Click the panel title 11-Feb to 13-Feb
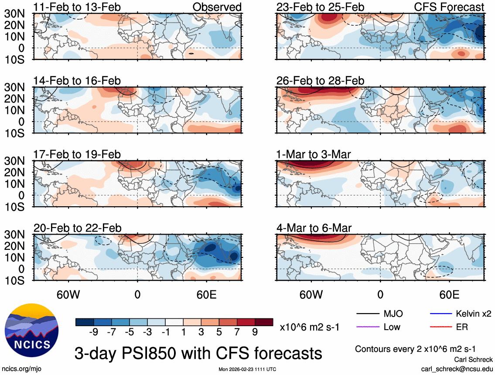tap(77, 7)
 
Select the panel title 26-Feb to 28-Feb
tap(321, 81)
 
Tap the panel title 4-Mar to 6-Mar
tap(314, 228)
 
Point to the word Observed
tap(217, 7)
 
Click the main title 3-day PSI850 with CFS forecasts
tap(198, 352)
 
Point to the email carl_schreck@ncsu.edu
tap(457, 368)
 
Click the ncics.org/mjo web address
tap(20, 368)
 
